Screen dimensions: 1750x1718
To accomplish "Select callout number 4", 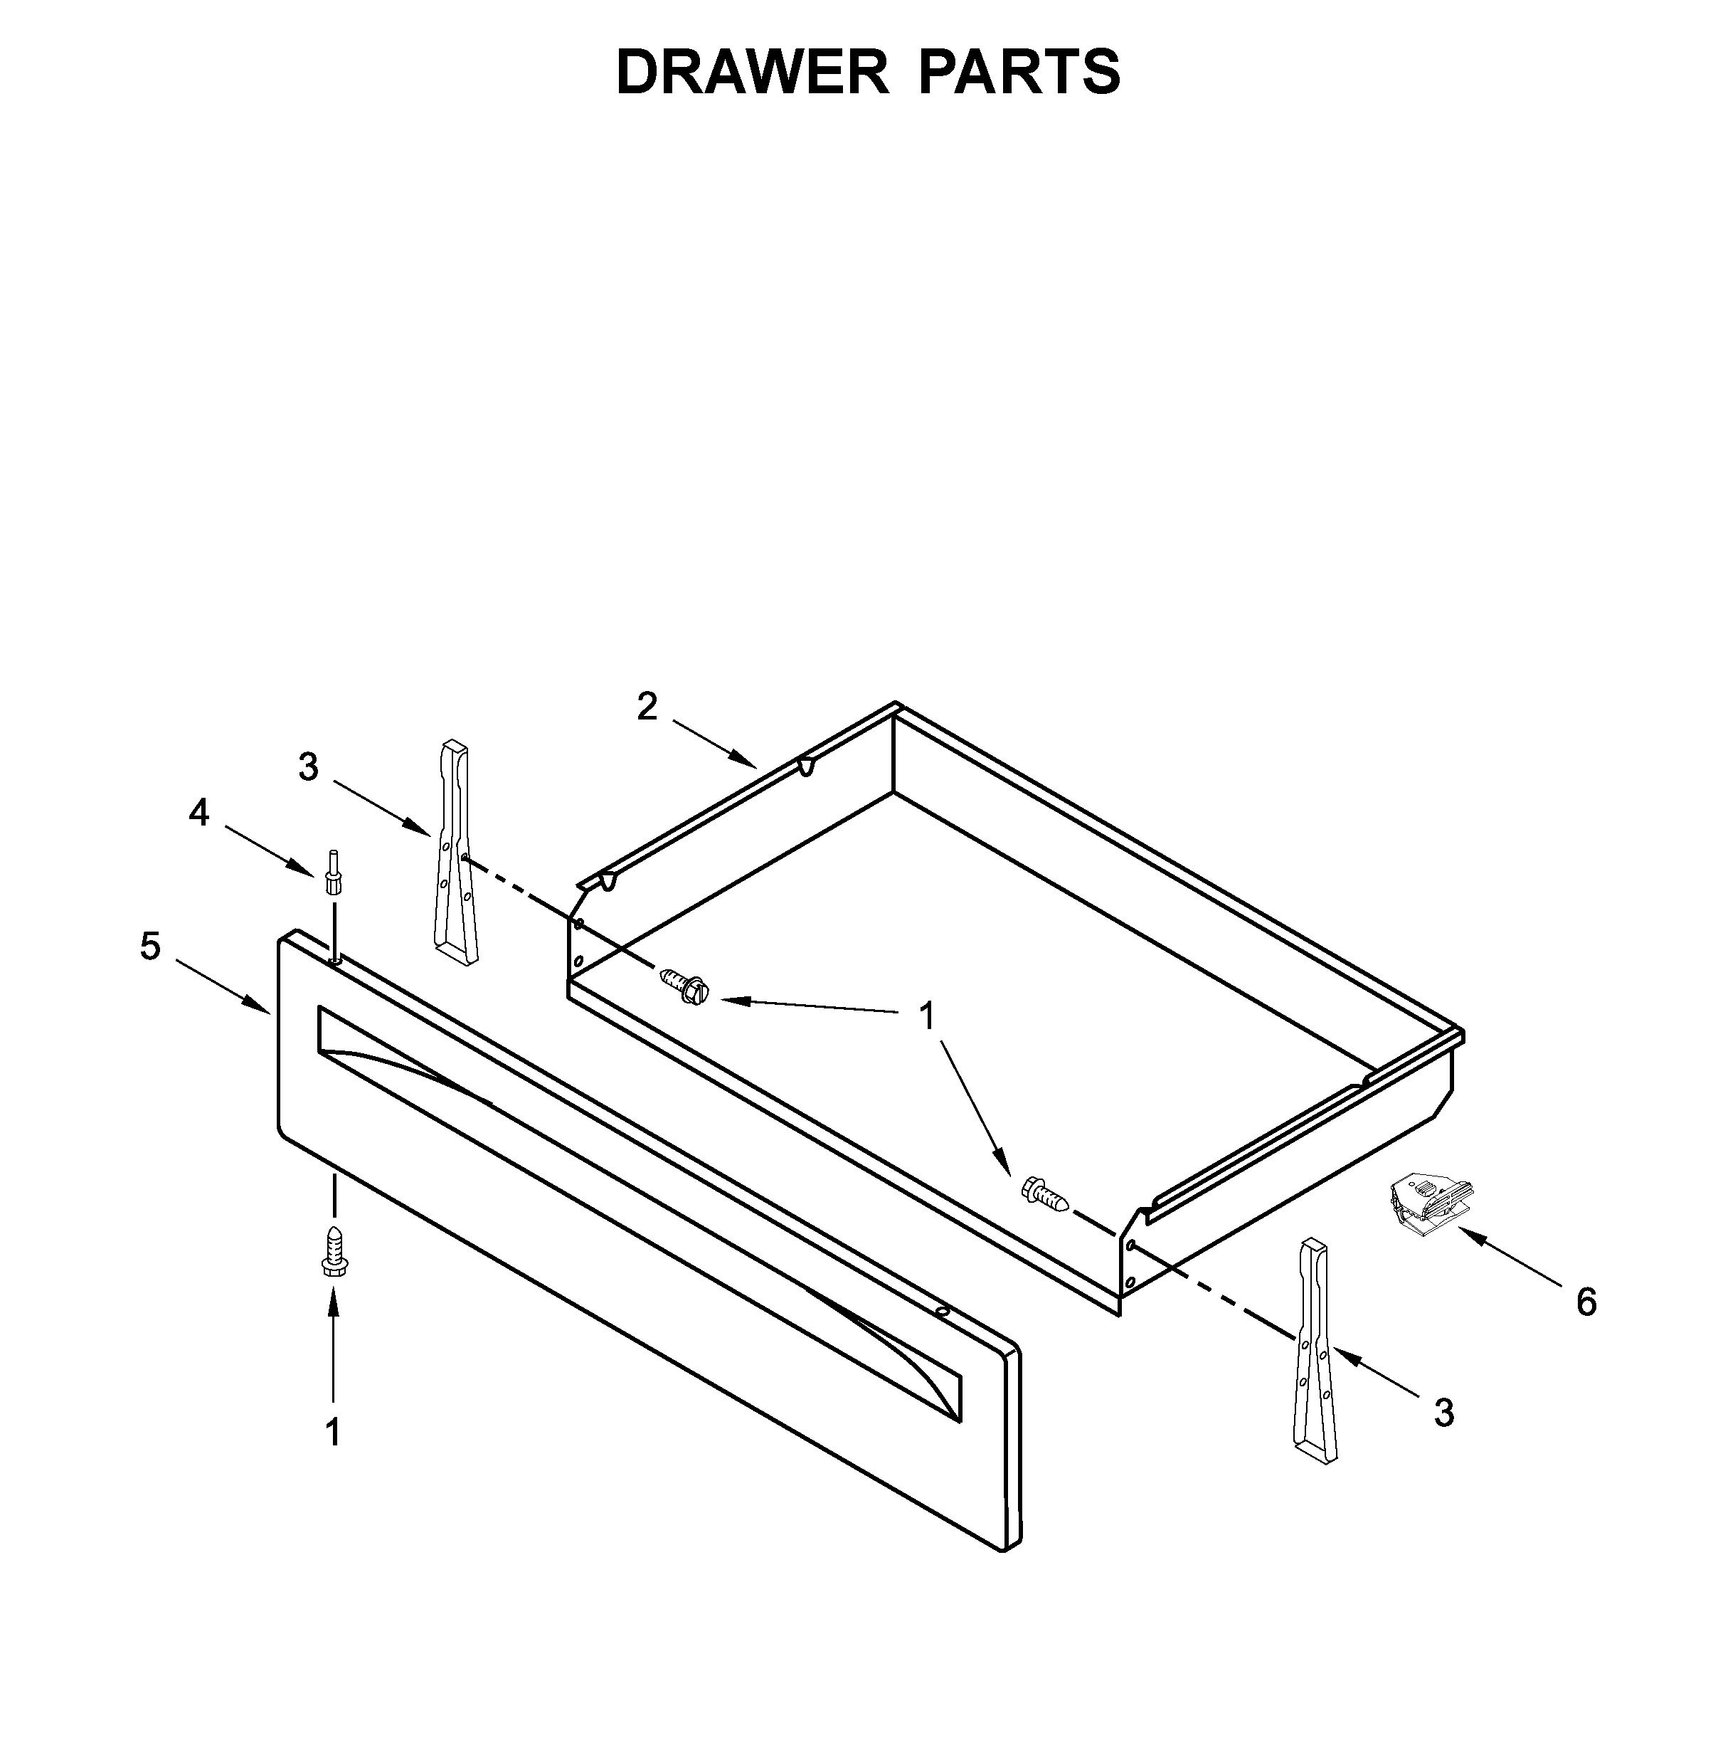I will click(198, 813).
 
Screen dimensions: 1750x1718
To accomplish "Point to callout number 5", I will click(151, 947).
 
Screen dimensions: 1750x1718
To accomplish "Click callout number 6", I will click(1586, 1302).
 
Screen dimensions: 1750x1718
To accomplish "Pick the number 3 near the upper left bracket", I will click(309, 768).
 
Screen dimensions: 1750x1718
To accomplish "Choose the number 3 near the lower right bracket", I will click(1443, 1413).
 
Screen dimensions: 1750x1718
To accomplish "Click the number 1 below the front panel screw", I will click(333, 1433).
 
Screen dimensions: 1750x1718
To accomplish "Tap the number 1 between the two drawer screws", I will click(926, 1017).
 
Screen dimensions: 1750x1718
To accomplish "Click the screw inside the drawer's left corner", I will click(685, 986).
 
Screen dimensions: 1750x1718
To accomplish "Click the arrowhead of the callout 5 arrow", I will click(265, 1009).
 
